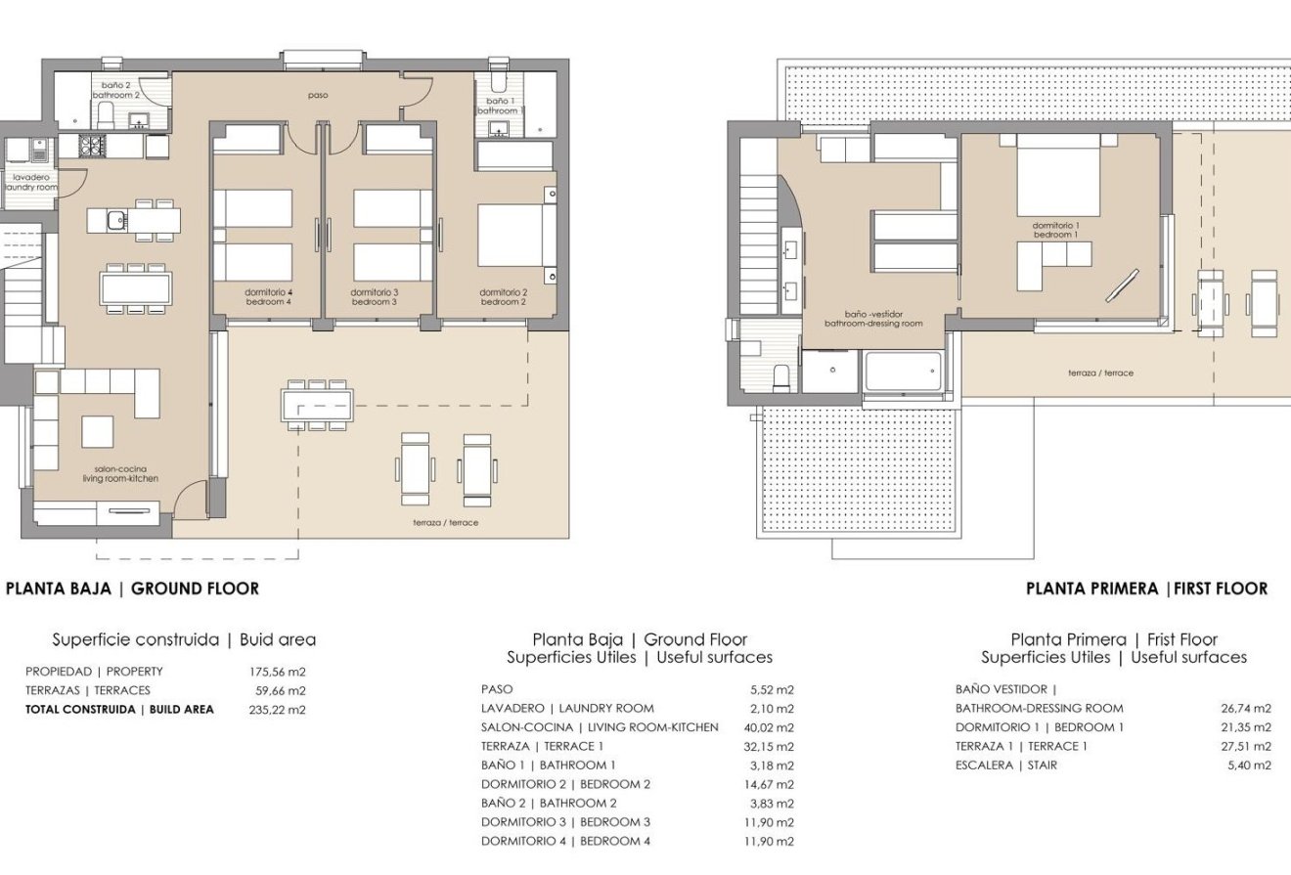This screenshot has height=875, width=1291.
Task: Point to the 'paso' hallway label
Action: point(317,96)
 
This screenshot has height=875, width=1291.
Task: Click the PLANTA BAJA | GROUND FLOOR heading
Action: point(133,589)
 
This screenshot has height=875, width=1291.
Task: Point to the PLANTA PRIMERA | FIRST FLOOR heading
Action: point(1146,589)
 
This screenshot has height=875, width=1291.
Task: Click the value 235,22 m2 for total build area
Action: point(277,710)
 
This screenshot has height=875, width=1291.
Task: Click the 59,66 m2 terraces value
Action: point(277,690)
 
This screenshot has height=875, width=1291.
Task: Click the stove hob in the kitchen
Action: point(91,147)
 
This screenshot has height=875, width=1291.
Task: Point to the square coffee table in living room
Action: point(97,431)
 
